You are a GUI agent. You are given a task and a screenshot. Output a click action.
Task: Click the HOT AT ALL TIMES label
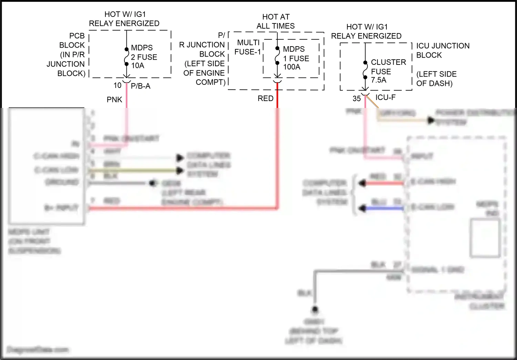pos(276,21)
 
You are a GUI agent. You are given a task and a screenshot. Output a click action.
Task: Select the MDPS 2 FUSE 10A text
pos(144,57)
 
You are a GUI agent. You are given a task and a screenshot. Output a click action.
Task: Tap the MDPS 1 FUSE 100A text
pos(296,58)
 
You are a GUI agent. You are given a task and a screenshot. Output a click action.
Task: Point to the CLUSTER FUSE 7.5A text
pos(388,71)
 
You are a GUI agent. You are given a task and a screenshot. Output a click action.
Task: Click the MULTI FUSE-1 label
pos(248,47)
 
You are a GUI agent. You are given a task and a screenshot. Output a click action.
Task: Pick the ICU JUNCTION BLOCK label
pos(443,50)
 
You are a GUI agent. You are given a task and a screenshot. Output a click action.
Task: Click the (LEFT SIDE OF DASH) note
pos(436,79)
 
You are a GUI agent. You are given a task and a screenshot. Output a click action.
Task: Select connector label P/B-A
pos(141,86)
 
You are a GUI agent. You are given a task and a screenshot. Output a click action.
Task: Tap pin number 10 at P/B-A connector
pos(118,86)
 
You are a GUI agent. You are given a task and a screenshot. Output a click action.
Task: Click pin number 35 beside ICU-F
pos(356,99)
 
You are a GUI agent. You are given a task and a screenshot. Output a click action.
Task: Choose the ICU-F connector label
pos(385,98)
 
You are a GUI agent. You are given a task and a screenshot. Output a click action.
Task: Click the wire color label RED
pos(265,99)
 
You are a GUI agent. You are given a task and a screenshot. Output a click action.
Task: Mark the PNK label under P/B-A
pos(114,100)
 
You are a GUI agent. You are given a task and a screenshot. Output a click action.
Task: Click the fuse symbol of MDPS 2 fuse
pos(126,57)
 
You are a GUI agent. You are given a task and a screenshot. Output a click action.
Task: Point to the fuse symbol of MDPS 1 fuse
pos(277,56)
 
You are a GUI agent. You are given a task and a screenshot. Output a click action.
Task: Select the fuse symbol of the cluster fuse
pos(365,70)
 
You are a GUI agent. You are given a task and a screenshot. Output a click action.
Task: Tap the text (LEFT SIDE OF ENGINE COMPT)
pos(204,73)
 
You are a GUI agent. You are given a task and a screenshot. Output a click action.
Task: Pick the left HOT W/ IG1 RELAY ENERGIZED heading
pos(124,19)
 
